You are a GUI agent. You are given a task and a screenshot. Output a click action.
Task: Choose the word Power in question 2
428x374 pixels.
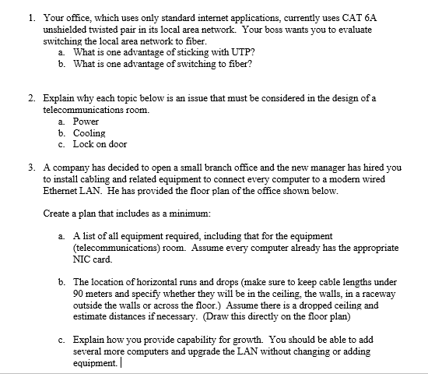(86, 122)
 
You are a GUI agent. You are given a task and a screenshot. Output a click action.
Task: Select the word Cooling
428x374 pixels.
(89, 133)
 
